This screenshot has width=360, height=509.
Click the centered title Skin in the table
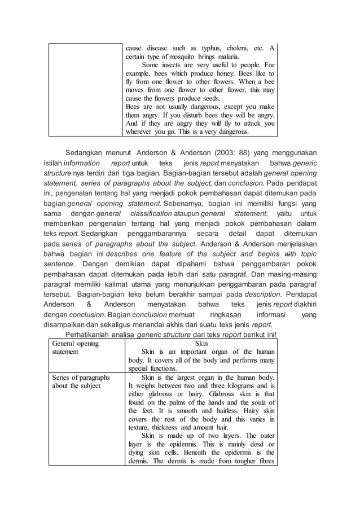tap(201, 343)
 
